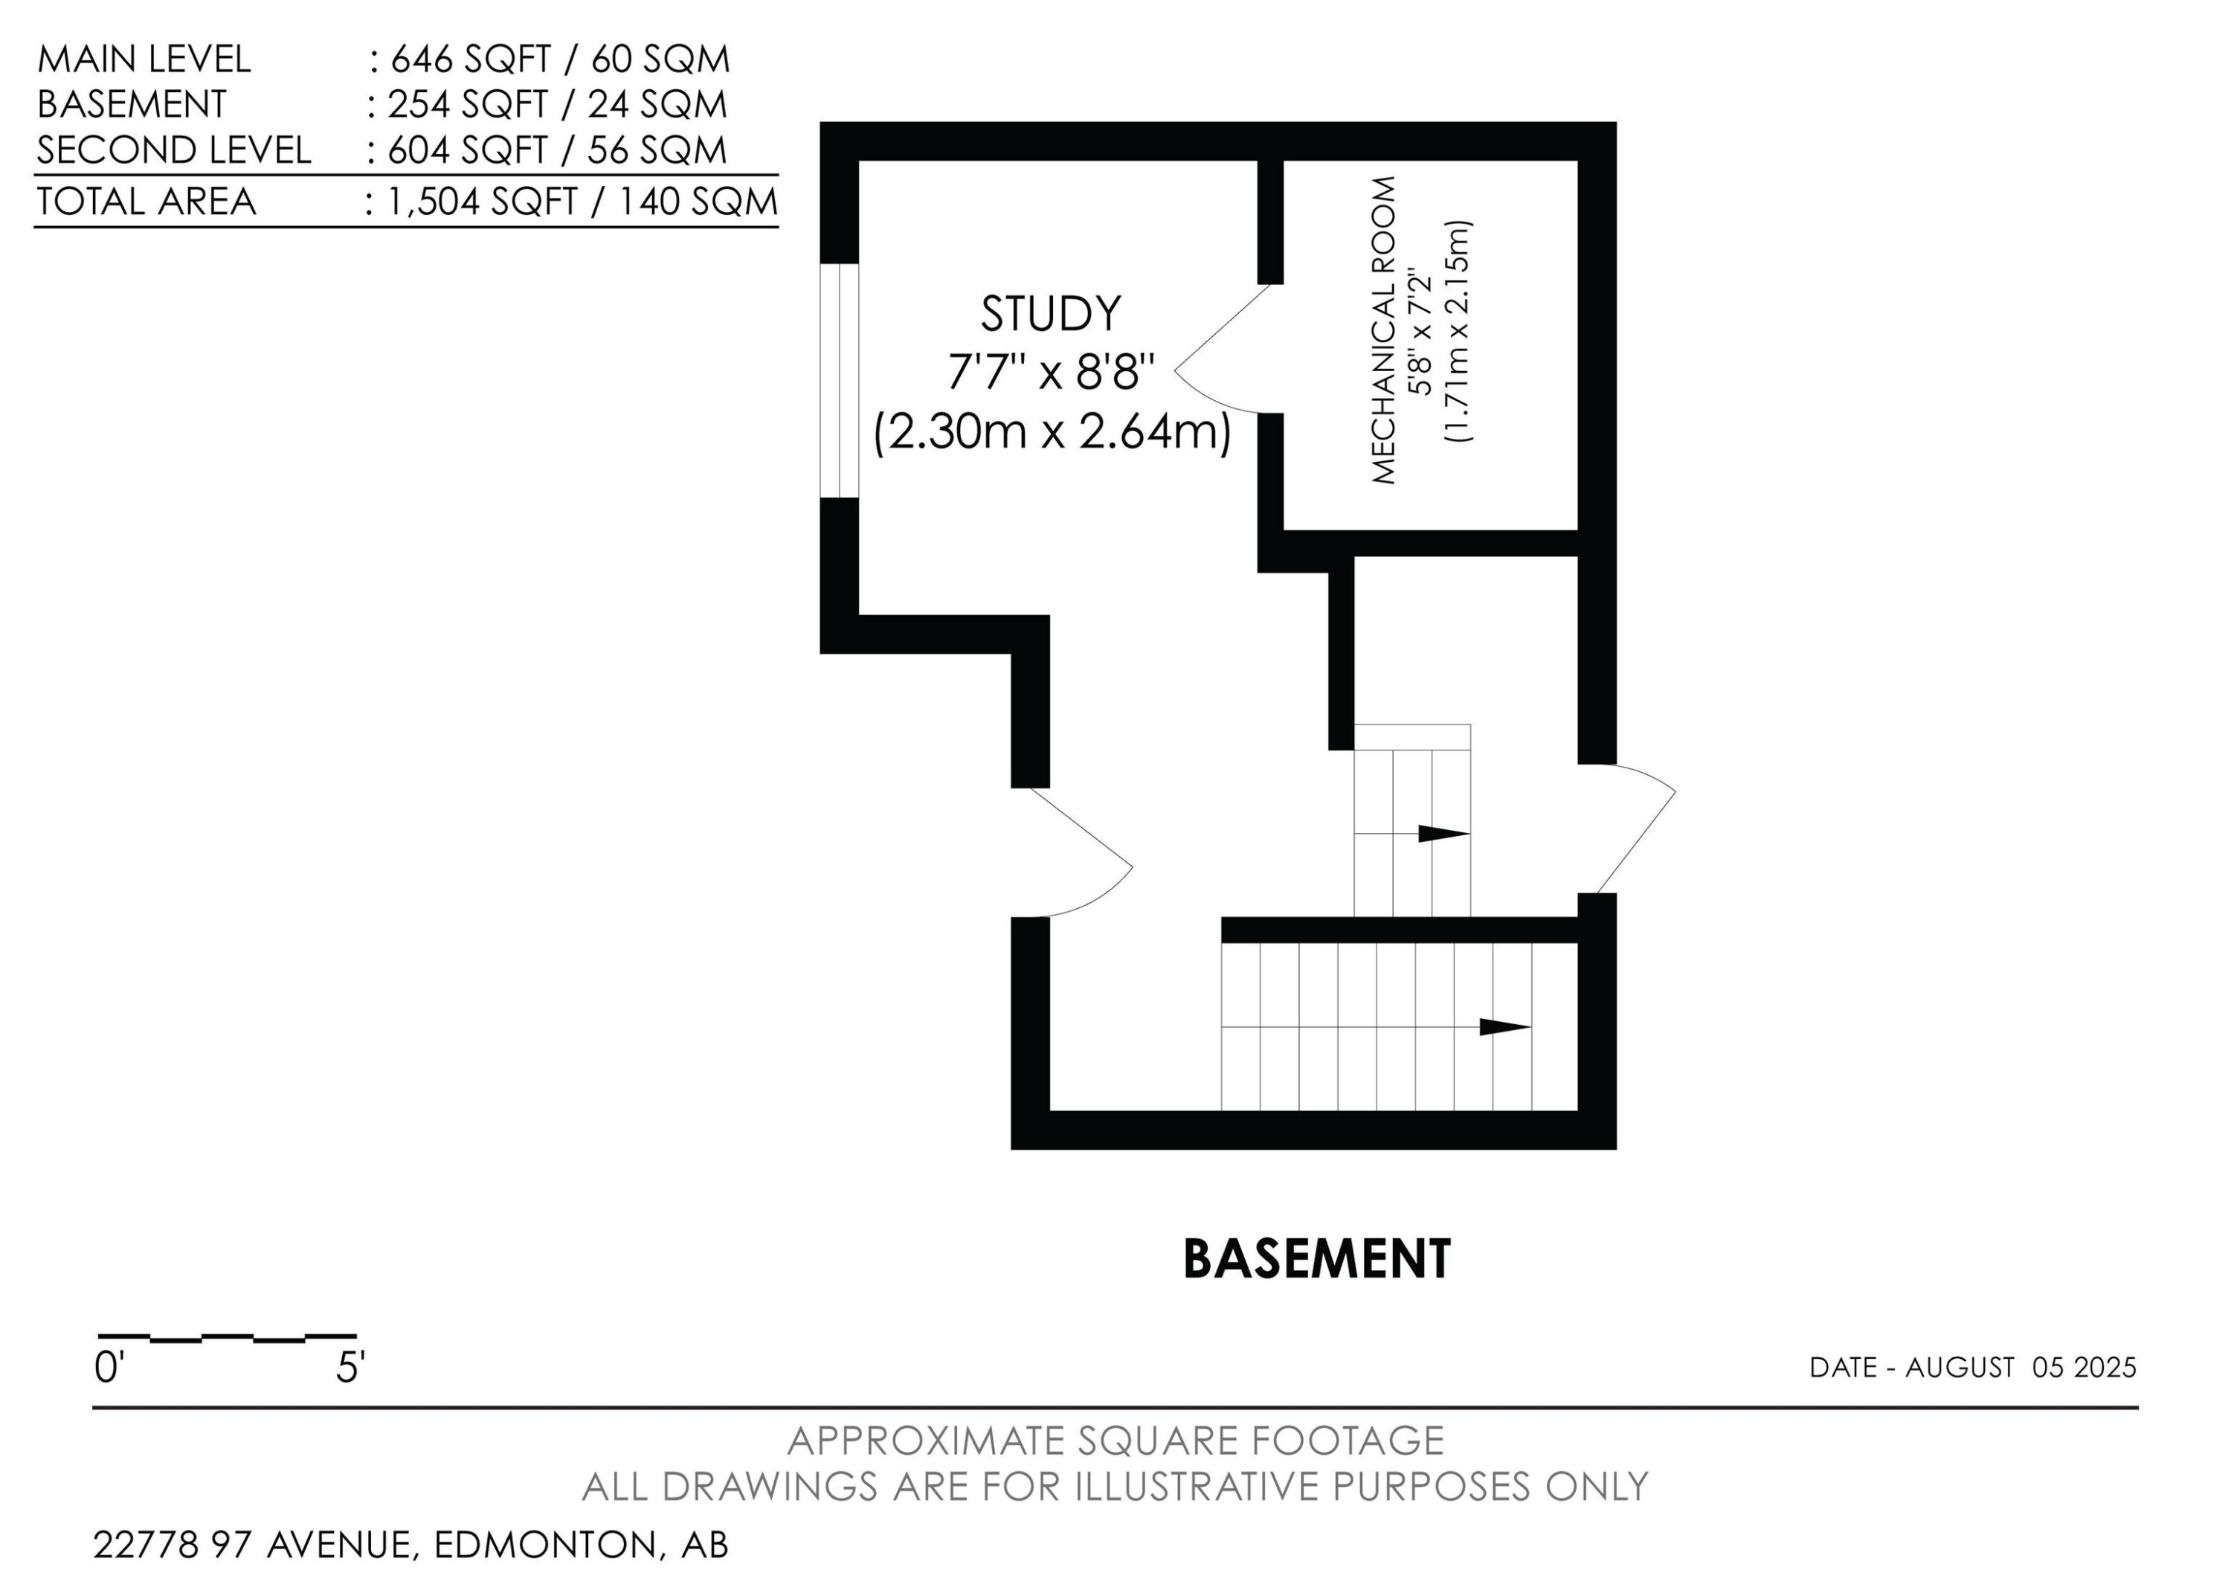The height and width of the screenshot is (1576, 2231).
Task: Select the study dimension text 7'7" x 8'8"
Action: (x=1052, y=372)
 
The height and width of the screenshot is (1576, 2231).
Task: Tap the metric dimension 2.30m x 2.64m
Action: (x=1052, y=432)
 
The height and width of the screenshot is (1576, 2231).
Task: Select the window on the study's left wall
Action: (x=840, y=380)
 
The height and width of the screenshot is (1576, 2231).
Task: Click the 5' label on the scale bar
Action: (x=350, y=1368)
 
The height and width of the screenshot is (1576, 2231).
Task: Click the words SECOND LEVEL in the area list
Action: (x=174, y=150)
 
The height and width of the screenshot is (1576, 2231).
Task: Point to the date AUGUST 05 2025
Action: (x=2021, y=1368)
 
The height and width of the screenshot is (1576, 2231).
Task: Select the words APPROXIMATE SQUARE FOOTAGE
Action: (x=1115, y=1441)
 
